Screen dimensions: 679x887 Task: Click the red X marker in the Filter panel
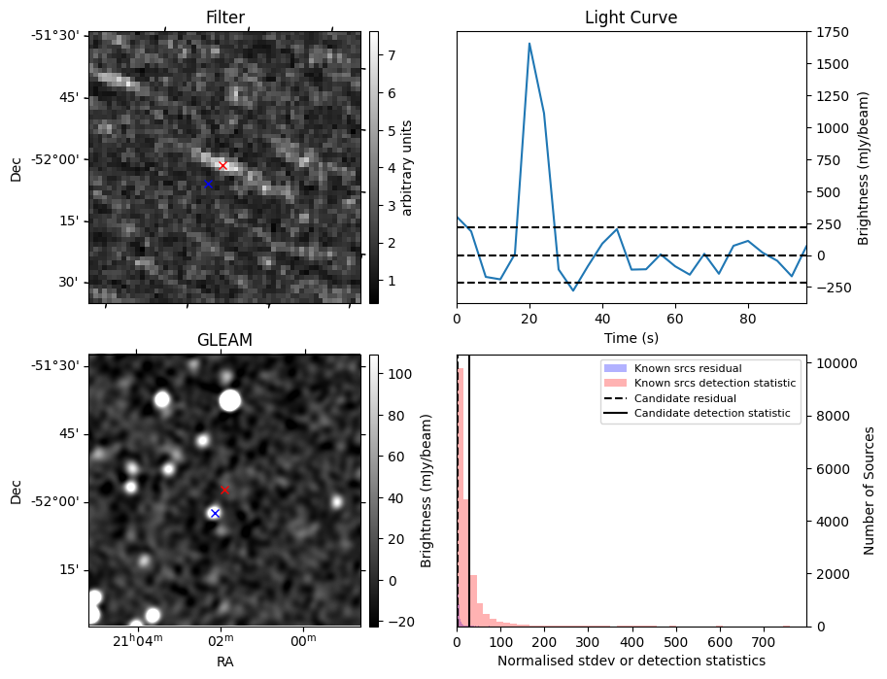[222, 165]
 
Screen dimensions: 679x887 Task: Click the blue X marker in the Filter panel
[208, 184]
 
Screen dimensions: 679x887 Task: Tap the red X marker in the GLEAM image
[224, 490]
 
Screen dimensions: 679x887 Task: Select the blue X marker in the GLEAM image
[215, 513]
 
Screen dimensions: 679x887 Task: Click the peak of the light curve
[529, 43]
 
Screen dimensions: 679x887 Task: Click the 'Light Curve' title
[631, 17]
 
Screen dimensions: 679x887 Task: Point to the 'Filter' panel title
[225, 17]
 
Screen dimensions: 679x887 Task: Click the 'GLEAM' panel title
[224, 340]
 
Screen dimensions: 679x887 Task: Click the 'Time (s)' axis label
[631, 336]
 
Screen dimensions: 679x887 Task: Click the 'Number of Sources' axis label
[869, 491]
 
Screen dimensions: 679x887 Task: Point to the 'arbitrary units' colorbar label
[407, 167]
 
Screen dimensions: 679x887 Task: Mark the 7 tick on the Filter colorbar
[389, 55]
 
